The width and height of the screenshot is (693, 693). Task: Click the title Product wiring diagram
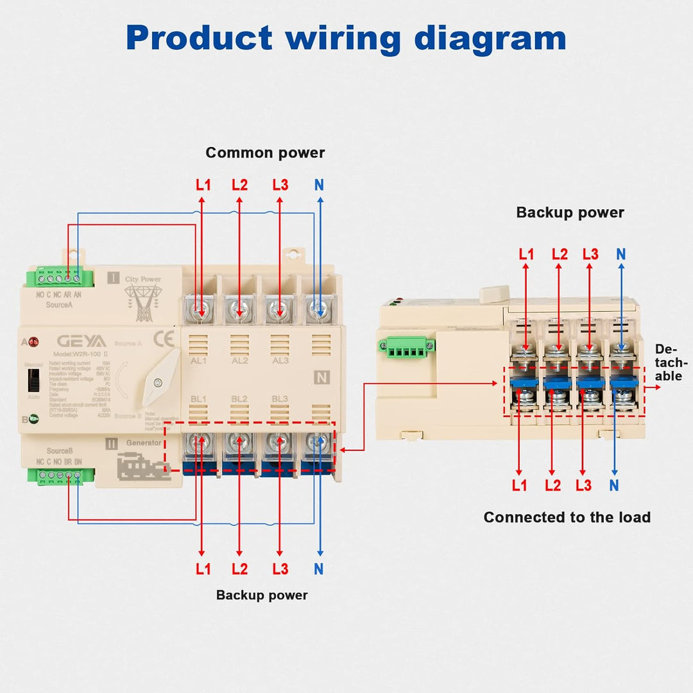pyautogui.click(x=346, y=38)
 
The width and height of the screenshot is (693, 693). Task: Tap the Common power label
pyautogui.click(x=265, y=153)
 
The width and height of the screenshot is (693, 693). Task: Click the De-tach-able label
pyautogui.click(x=668, y=363)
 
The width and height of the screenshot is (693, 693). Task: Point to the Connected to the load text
pyautogui.click(x=567, y=517)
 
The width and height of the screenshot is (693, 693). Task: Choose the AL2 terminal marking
pyautogui.click(x=239, y=361)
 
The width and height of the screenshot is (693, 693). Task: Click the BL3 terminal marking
pyautogui.click(x=279, y=399)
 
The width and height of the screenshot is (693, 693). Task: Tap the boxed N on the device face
pyautogui.click(x=320, y=377)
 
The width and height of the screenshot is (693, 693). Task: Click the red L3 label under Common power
pyautogui.click(x=280, y=185)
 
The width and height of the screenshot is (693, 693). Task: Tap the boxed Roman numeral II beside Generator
pyautogui.click(x=112, y=443)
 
